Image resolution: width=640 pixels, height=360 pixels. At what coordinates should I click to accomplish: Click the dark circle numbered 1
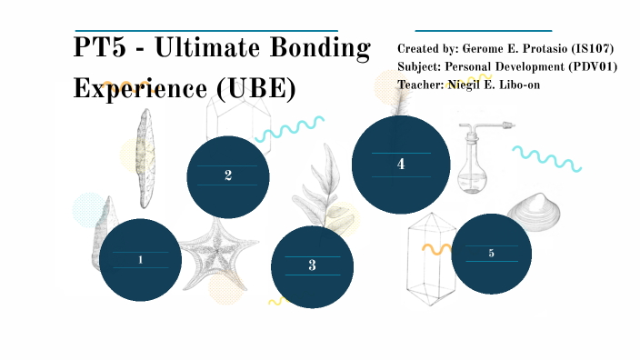tap(140, 259)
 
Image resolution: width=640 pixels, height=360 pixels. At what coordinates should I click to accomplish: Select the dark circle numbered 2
tap(228, 176)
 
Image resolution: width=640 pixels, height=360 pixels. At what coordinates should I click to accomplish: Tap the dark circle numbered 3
tap(312, 265)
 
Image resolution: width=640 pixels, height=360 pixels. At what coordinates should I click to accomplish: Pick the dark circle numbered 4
tap(401, 165)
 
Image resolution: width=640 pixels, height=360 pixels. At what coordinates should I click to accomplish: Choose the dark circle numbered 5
tap(491, 254)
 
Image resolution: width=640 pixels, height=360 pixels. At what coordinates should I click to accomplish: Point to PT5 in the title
tap(99, 49)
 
